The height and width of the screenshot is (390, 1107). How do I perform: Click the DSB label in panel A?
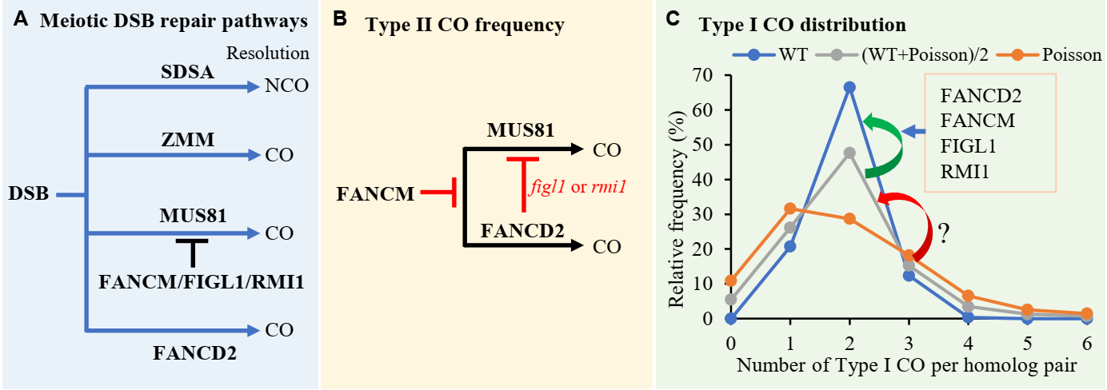point(30,194)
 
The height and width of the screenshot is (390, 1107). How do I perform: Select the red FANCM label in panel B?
point(375,193)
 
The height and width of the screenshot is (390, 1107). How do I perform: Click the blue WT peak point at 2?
point(849,87)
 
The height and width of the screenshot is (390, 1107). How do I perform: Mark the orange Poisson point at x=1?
point(790,209)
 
